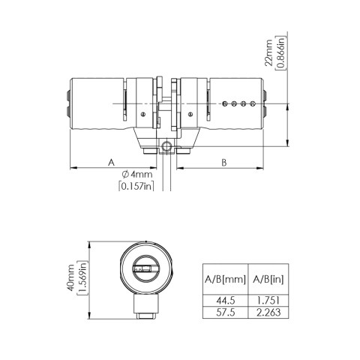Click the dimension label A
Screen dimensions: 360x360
coord(111,161)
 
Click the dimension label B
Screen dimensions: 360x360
coord(224,161)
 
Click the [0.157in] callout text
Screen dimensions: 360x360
coord(136,186)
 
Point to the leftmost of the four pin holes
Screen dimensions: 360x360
coord(226,103)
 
